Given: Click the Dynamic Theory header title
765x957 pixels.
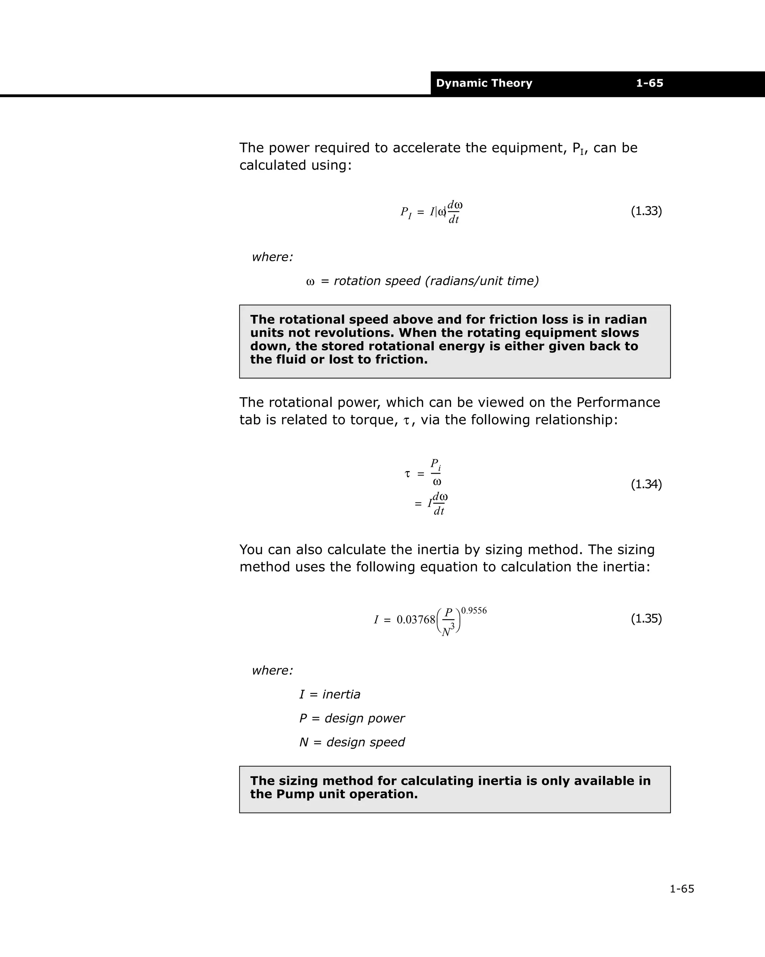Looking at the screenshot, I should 484,83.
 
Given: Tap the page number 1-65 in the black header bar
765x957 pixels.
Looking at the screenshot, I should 649,83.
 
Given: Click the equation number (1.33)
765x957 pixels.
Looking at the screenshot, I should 646,211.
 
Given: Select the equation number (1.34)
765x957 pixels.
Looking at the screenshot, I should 646,484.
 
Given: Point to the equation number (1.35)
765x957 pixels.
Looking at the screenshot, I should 646,618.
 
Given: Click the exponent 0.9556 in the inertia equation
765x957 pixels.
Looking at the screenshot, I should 474,610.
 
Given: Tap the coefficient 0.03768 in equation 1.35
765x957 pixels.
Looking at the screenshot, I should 415,620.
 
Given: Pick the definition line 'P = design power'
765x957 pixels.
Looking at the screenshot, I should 351,718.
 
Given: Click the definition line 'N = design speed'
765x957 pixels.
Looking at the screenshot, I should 351,742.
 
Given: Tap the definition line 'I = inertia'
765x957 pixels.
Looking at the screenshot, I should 329,694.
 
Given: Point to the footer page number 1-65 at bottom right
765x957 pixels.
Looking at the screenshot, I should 681,889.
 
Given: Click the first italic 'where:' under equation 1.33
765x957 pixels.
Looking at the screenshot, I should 272,257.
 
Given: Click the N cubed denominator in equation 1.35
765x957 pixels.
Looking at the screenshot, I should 448,629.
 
